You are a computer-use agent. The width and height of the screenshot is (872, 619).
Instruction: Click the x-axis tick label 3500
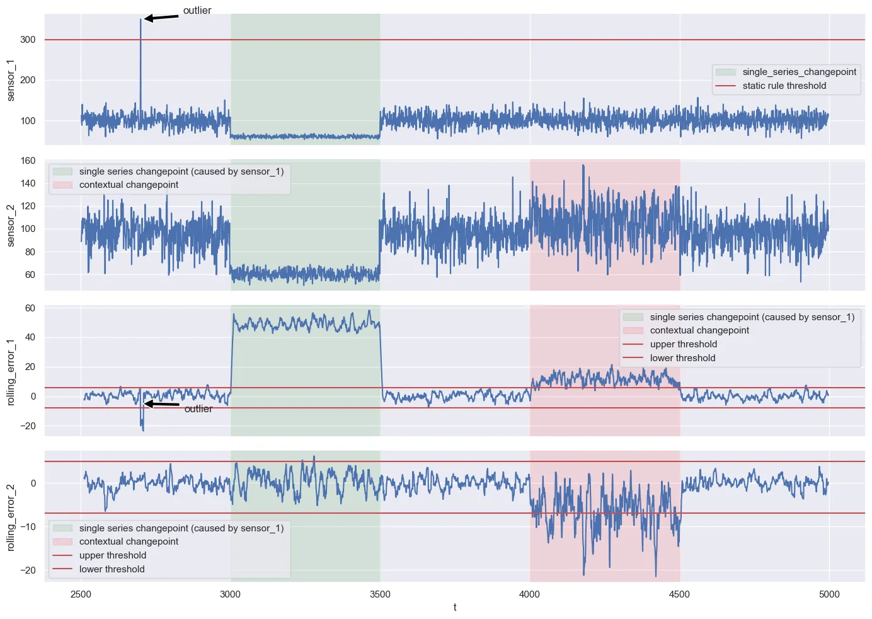pyautogui.click(x=380, y=594)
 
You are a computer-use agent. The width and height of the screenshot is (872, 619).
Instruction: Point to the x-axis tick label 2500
pyautogui.click(x=81, y=594)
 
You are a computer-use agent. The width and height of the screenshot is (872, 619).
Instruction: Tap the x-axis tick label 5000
pyautogui.click(x=829, y=594)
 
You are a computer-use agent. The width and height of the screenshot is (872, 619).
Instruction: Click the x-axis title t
pyautogui.click(x=455, y=607)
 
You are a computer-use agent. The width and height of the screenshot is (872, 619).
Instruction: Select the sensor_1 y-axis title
pyautogui.click(x=11, y=80)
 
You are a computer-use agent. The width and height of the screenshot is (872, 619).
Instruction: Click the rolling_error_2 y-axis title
pyautogui.click(x=11, y=518)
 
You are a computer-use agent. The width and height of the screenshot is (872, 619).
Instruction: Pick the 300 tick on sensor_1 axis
pyautogui.click(x=28, y=40)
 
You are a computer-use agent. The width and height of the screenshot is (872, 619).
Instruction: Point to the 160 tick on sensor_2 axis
pyautogui.click(x=28, y=161)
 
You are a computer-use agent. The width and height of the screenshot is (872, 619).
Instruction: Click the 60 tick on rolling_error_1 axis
pyautogui.click(x=30, y=308)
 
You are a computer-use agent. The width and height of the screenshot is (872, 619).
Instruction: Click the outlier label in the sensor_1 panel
pyautogui.click(x=197, y=11)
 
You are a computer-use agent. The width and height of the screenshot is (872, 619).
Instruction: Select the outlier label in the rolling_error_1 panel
pyautogui.click(x=198, y=409)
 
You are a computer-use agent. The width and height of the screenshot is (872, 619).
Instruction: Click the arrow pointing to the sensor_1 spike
pyautogui.click(x=161, y=18)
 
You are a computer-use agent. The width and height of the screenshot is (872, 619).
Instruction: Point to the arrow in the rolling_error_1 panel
pyautogui.click(x=162, y=404)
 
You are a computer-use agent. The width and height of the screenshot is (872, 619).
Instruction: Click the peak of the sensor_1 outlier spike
pyautogui.click(x=141, y=20)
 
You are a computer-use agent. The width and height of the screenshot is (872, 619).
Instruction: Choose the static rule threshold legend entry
pyautogui.click(x=784, y=86)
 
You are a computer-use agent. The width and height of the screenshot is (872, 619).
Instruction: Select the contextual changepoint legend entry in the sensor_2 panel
pyautogui.click(x=129, y=185)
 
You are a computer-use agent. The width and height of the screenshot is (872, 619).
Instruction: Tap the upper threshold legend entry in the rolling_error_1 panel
pyautogui.click(x=683, y=344)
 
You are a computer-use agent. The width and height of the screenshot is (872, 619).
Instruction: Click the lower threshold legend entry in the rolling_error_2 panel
pyautogui.click(x=112, y=569)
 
